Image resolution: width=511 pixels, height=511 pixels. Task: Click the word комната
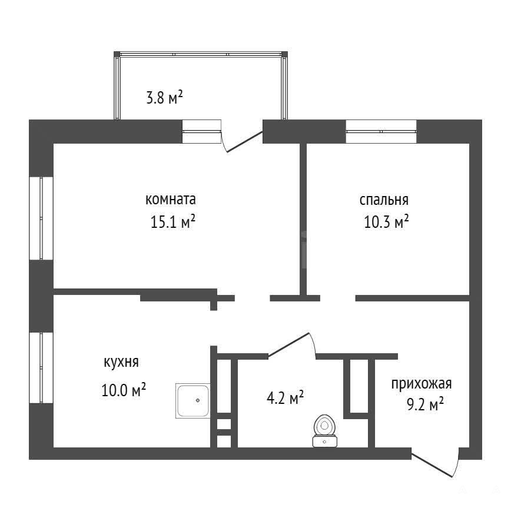pyautogui.click(x=171, y=200)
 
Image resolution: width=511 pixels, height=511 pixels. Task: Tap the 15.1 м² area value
pyautogui.click(x=172, y=221)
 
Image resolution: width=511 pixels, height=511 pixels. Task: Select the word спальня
pyautogui.click(x=384, y=200)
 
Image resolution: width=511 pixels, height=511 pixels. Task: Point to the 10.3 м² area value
pyautogui.click(x=386, y=221)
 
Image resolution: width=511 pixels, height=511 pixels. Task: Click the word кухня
pyautogui.click(x=121, y=363)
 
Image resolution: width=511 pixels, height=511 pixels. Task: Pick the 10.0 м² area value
pyautogui.click(x=124, y=390)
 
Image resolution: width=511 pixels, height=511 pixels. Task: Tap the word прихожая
pyautogui.click(x=422, y=384)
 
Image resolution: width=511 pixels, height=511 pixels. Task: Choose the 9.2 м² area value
pyautogui.click(x=425, y=404)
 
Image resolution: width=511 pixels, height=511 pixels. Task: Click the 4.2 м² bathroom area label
pyautogui.click(x=285, y=398)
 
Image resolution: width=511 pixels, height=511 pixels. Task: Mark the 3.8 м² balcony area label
pyautogui.click(x=165, y=98)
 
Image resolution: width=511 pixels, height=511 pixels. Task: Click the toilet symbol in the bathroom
pyautogui.click(x=324, y=431)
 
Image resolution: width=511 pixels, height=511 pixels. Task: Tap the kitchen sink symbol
pyautogui.click(x=193, y=401)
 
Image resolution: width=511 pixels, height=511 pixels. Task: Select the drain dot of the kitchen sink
pyautogui.click(x=198, y=400)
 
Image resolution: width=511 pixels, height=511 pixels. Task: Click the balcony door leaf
pyautogui.click(x=244, y=141)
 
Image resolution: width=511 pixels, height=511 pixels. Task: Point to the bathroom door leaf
pyautogui.click(x=288, y=344)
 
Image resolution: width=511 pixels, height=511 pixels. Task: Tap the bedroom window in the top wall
pyautogui.click(x=381, y=132)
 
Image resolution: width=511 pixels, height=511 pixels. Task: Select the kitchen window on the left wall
pyautogui.click(x=41, y=368)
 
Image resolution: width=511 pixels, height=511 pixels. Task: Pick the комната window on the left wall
pyautogui.click(x=41, y=218)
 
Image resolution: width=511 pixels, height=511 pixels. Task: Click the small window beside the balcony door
pyautogui.click(x=201, y=132)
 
